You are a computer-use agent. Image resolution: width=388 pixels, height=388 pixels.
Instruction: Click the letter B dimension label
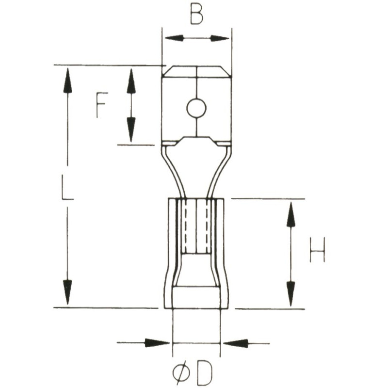pyautogui.click(x=196, y=15)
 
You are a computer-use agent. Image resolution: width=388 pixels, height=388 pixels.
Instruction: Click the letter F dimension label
pyautogui.click(x=101, y=106)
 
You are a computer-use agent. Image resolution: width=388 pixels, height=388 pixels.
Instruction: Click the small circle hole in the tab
pyautogui.click(x=196, y=109)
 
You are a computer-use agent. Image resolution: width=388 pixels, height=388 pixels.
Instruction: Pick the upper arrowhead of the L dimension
pyautogui.click(x=68, y=80)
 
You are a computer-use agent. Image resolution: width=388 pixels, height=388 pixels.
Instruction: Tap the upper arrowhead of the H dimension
pyautogui.click(x=291, y=214)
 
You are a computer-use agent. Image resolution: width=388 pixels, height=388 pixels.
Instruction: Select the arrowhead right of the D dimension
pyautogui.click(x=235, y=343)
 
